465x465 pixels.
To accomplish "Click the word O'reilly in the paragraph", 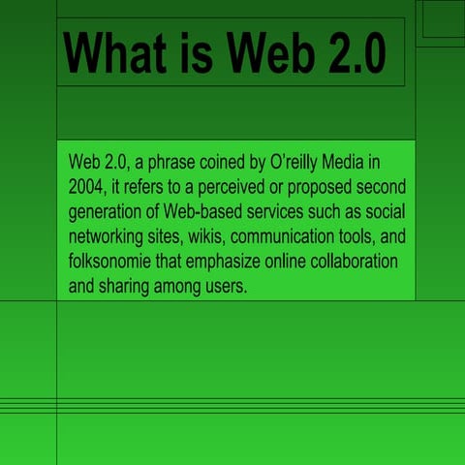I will (297, 159).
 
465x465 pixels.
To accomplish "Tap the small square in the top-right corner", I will (441, 22).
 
